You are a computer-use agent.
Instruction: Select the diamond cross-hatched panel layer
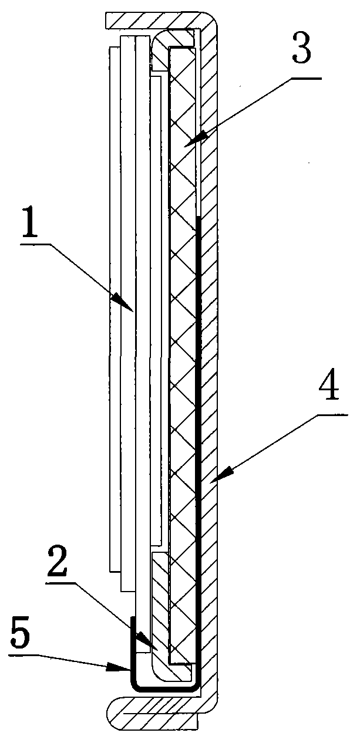click(x=182, y=352)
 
